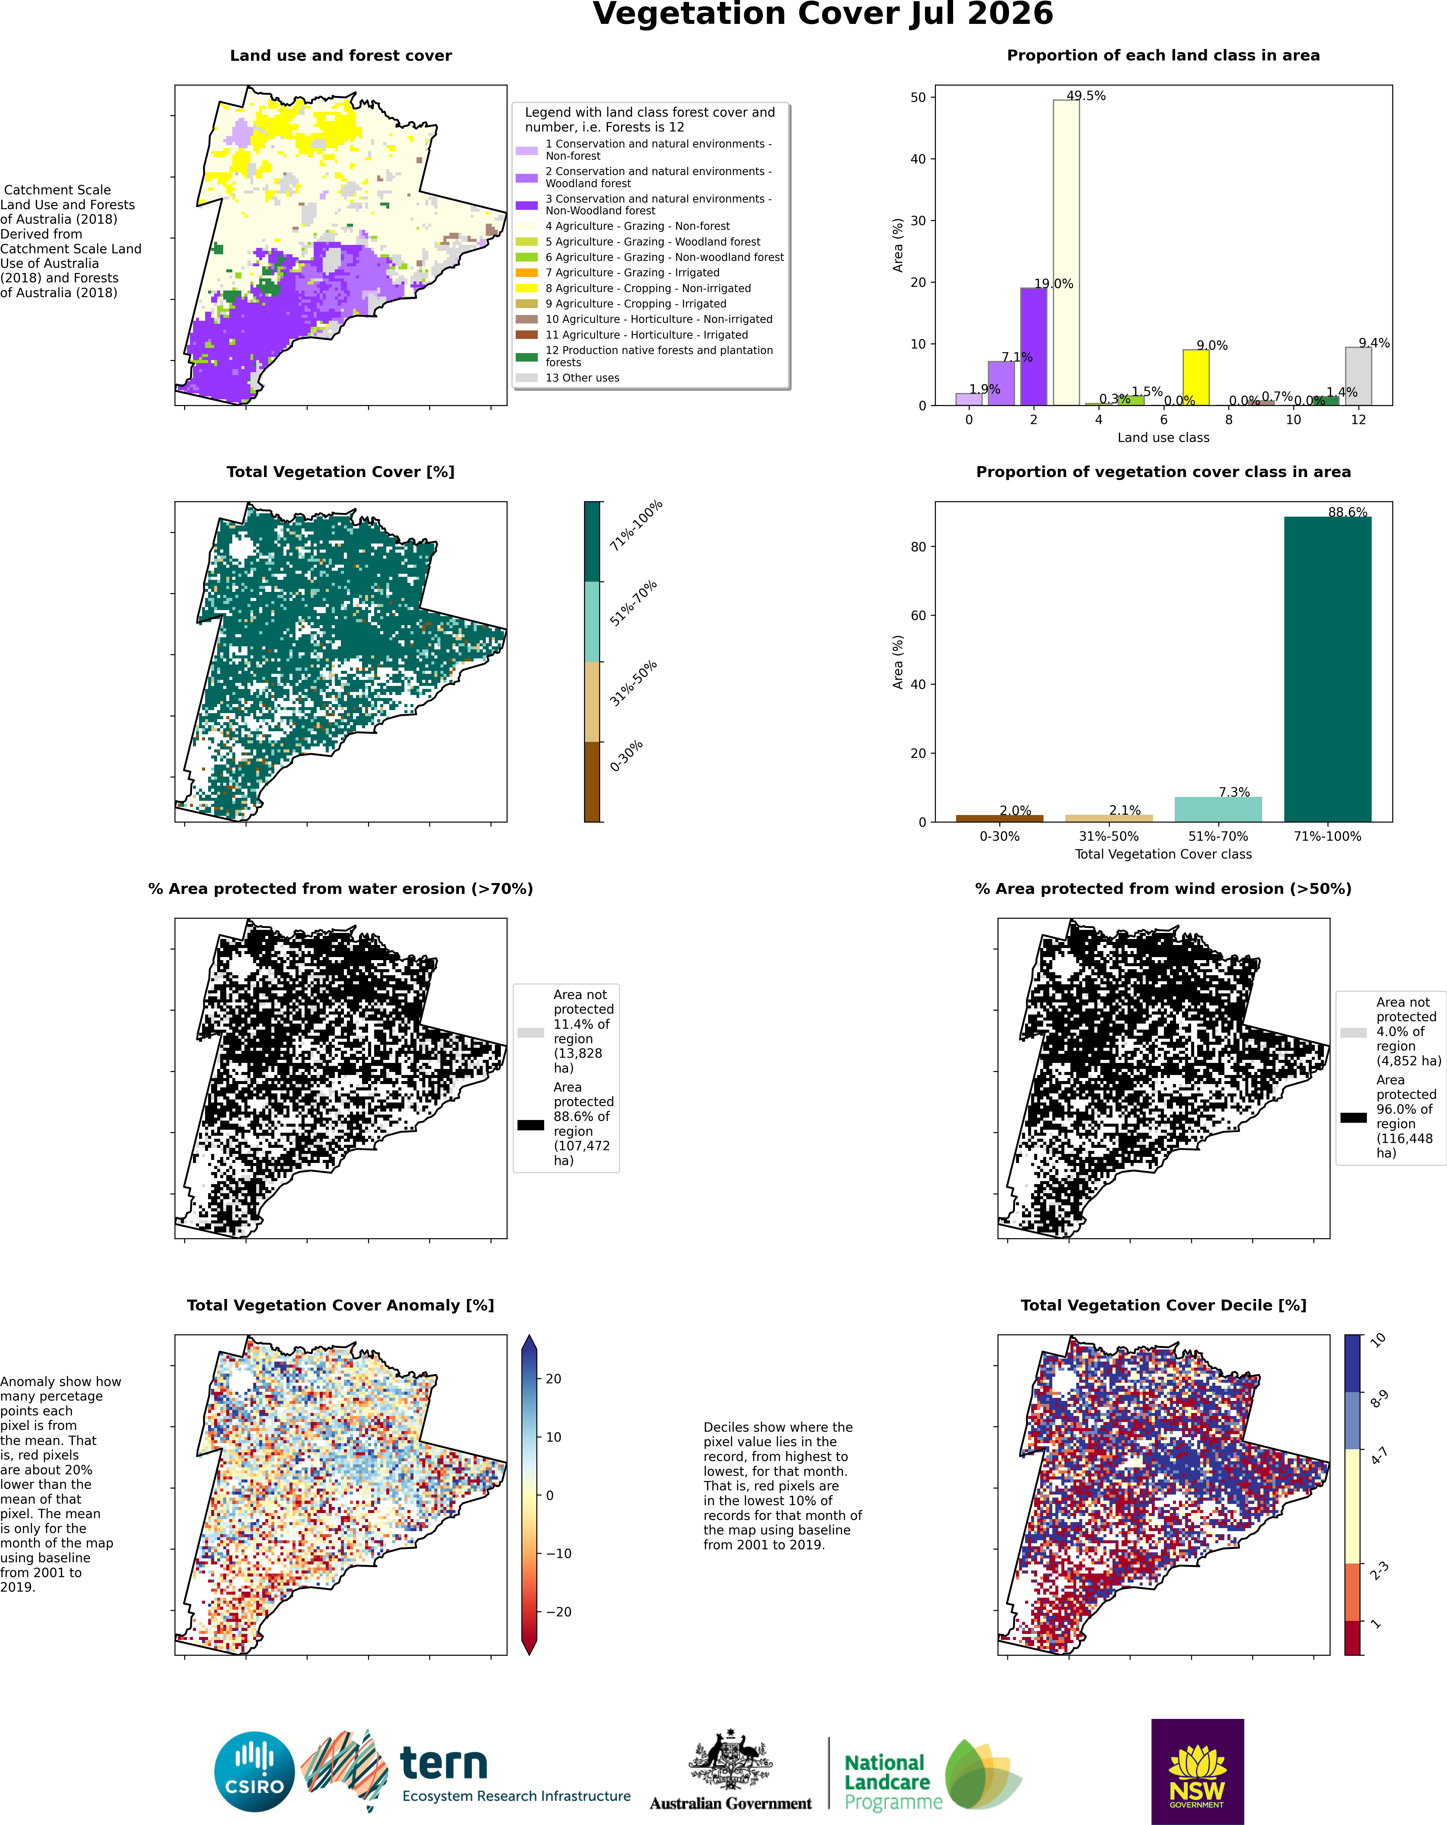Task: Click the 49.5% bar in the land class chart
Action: click(x=1066, y=252)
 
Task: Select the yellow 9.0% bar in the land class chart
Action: click(x=1196, y=378)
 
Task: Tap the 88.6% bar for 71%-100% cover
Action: click(x=1328, y=669)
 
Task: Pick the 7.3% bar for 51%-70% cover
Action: click(x=1218, y=809)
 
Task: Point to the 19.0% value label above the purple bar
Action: click(x=1053, y=284)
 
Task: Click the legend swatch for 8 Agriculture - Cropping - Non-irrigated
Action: click(x=527, y=289)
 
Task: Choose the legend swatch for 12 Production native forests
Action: click(x=527, y=357)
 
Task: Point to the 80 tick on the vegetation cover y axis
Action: click(x=919, y=547)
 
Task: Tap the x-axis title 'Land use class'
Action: click(x=1163, y=438)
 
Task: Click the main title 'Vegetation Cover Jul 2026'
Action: click(x=823, y=15)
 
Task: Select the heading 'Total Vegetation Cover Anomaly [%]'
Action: click(x=340, y=1305)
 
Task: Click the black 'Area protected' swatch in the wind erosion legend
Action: click(x=1353, y=1117)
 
